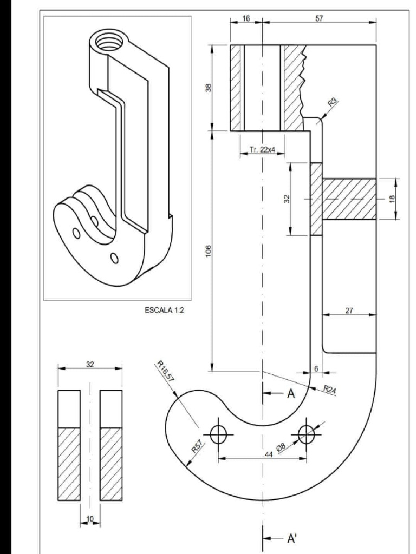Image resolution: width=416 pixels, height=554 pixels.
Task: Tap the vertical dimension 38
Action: [x=207, y=87]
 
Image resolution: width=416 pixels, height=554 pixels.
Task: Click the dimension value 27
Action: [x=349, y=310]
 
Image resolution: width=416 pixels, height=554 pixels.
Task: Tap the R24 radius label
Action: [x=330, y=390]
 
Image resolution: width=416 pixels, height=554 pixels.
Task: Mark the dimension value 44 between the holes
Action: [x=268, y=454]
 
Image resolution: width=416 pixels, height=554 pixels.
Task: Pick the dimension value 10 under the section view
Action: [x=89, y=519]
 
